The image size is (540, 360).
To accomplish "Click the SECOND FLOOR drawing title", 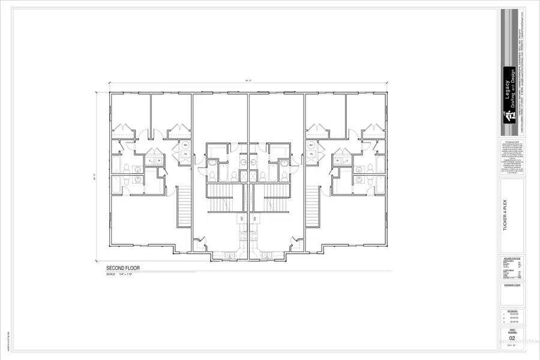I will [123, 268].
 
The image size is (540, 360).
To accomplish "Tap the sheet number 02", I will [512, 338].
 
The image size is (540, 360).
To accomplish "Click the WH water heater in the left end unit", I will [186, 146].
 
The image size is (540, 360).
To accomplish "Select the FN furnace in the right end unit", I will [311, 155].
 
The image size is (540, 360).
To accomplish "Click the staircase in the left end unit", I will [184, 206].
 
